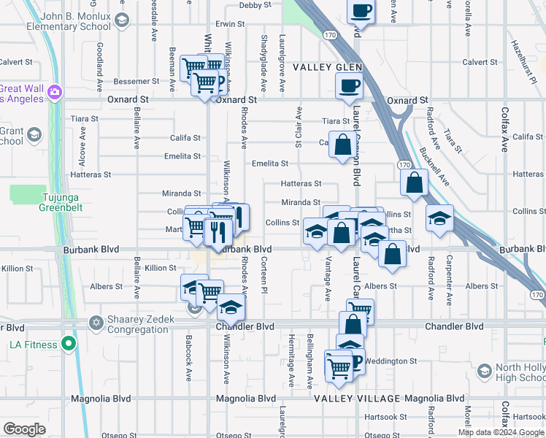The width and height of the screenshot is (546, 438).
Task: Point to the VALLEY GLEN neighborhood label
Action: (x=328, y=67)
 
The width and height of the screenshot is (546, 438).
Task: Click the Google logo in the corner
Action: (x=25, y=429)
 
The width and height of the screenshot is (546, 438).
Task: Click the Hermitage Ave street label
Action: (x=291, y=350)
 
